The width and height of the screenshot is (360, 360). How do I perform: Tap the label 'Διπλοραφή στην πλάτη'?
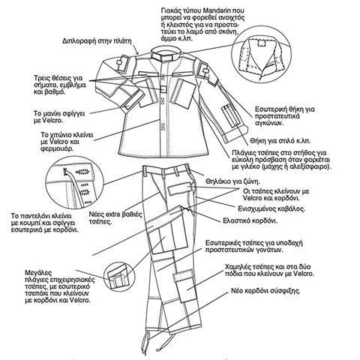tap(97, 41)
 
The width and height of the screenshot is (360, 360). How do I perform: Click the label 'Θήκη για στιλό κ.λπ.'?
tap(280, 141)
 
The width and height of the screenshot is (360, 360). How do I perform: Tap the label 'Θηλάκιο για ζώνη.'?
tap(232, 181)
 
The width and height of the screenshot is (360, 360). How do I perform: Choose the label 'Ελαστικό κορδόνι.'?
tap(250, 221)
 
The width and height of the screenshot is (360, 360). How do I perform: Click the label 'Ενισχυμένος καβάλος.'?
tap(271, 208)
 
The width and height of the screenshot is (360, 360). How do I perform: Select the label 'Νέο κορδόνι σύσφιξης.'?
tap(265, 291)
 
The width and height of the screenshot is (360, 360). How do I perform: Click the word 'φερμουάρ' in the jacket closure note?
tap(57, 148)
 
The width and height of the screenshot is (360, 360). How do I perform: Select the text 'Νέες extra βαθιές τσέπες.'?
tap(115, 218)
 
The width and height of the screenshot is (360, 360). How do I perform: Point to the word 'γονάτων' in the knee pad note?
tap(271, 250)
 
